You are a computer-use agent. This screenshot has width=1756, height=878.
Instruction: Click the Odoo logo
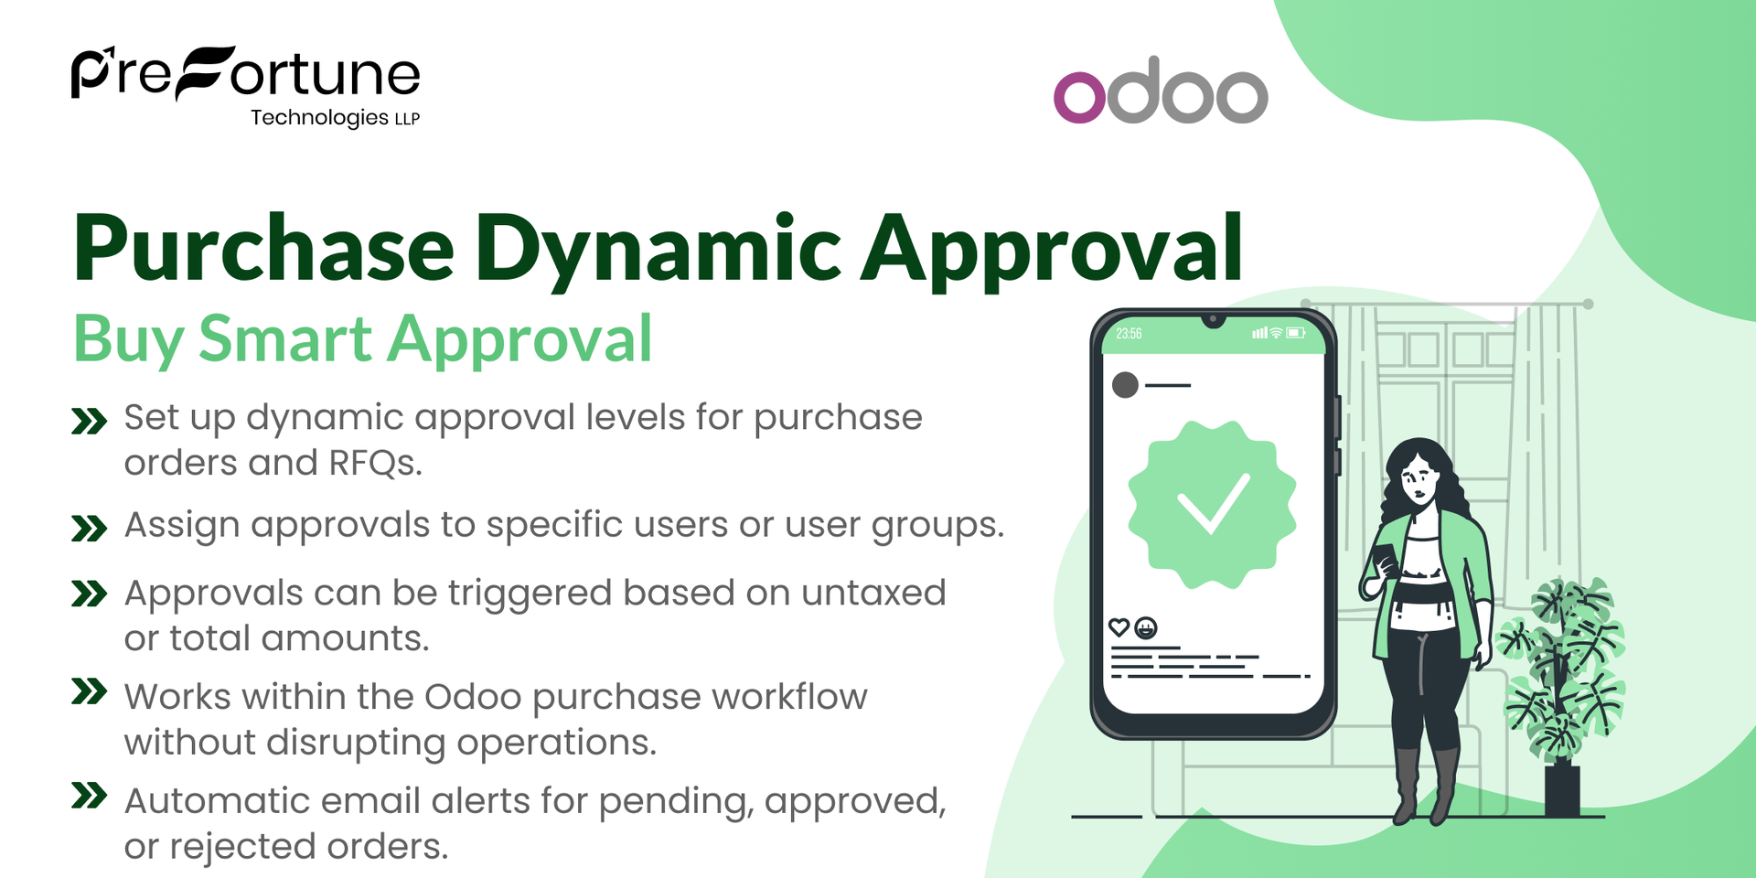coord(1161,91)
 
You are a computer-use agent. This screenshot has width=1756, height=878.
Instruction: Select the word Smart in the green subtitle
coord(285,339)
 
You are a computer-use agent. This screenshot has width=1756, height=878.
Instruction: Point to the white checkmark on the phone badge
coord(1212,503)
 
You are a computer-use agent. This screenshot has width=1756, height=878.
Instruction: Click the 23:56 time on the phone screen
coord(1129,334)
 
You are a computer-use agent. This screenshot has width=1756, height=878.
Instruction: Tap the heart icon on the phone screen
coord(1119,627)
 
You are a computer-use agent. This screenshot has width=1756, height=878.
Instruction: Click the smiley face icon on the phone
coord(1145,627)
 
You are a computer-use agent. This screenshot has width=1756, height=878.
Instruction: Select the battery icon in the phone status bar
coord(1296,333)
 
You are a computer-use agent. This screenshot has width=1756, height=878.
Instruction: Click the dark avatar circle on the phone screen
coord(1125,385)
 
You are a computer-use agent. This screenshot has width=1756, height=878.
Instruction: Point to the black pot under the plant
coord(1562,790)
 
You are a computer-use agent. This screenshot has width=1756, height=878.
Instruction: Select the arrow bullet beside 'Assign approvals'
coord(89,528)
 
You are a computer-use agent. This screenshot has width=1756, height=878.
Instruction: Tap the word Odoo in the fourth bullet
coord(473,697)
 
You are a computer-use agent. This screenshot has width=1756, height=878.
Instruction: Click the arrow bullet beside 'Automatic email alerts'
coord(89,795)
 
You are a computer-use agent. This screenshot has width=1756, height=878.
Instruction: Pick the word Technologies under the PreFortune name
coord(319,118)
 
